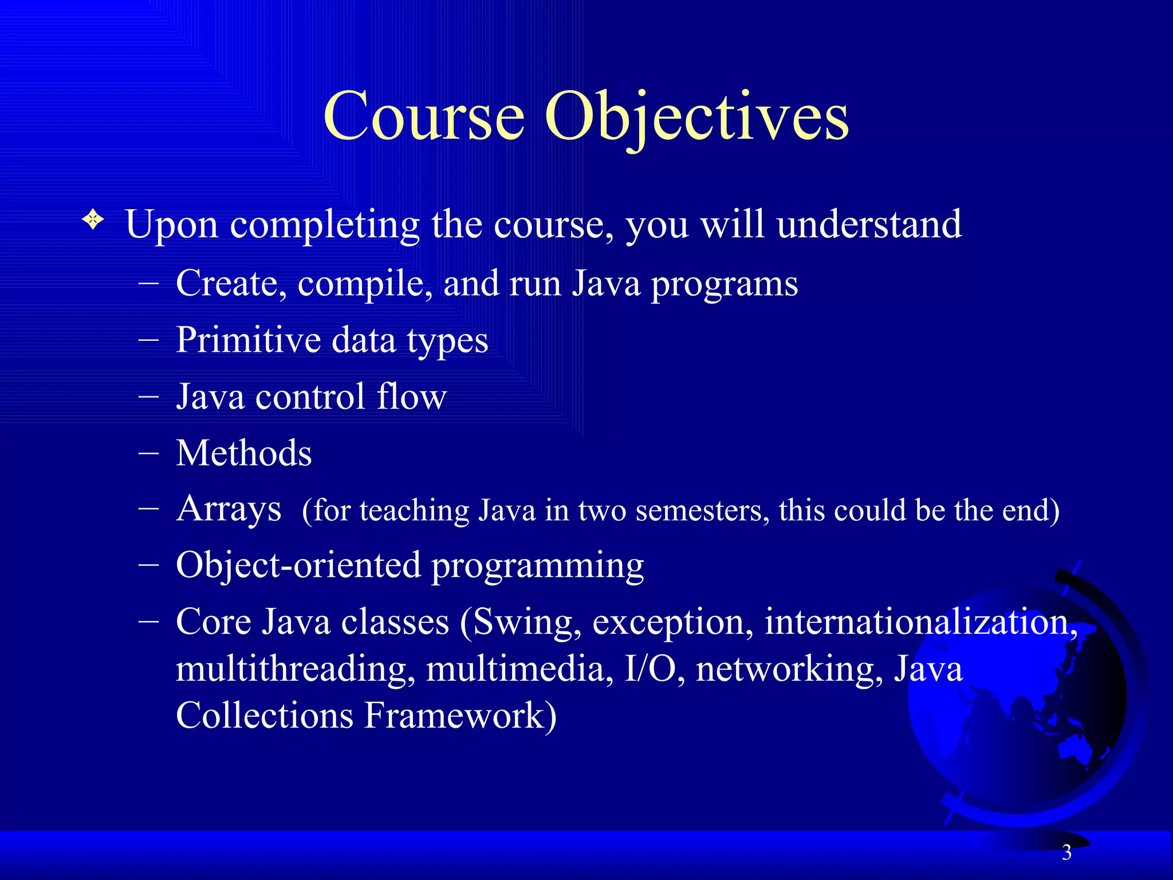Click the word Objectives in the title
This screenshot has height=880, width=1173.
point(696,117)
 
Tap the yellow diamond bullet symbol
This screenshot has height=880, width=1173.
point(93,219)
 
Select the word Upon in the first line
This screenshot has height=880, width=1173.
point(171,225)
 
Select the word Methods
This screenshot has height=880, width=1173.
point(244,453)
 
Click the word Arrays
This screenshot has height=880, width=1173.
point(229,509)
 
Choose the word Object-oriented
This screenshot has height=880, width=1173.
point(298,565)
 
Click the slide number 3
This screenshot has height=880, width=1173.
point(1066,852)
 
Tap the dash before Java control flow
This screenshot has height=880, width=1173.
point(148,397)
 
